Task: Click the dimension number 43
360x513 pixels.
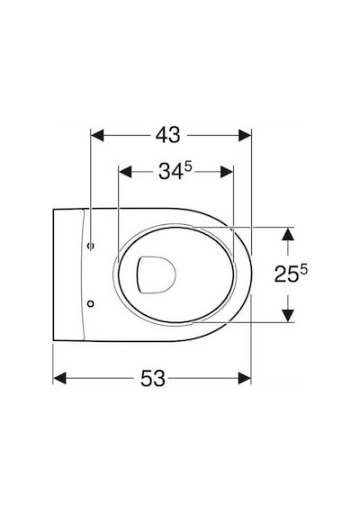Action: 167,135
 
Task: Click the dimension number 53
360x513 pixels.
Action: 153,378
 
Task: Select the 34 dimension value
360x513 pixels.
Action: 171,172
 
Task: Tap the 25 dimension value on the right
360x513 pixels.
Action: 286,274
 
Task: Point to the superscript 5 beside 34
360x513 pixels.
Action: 188,167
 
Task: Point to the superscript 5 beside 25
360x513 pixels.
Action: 303,270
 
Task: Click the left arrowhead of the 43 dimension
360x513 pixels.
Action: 97,135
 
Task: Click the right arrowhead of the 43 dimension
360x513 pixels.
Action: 245,135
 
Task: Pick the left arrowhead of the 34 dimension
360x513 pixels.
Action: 125,172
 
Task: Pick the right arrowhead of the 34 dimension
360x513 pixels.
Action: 227,172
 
